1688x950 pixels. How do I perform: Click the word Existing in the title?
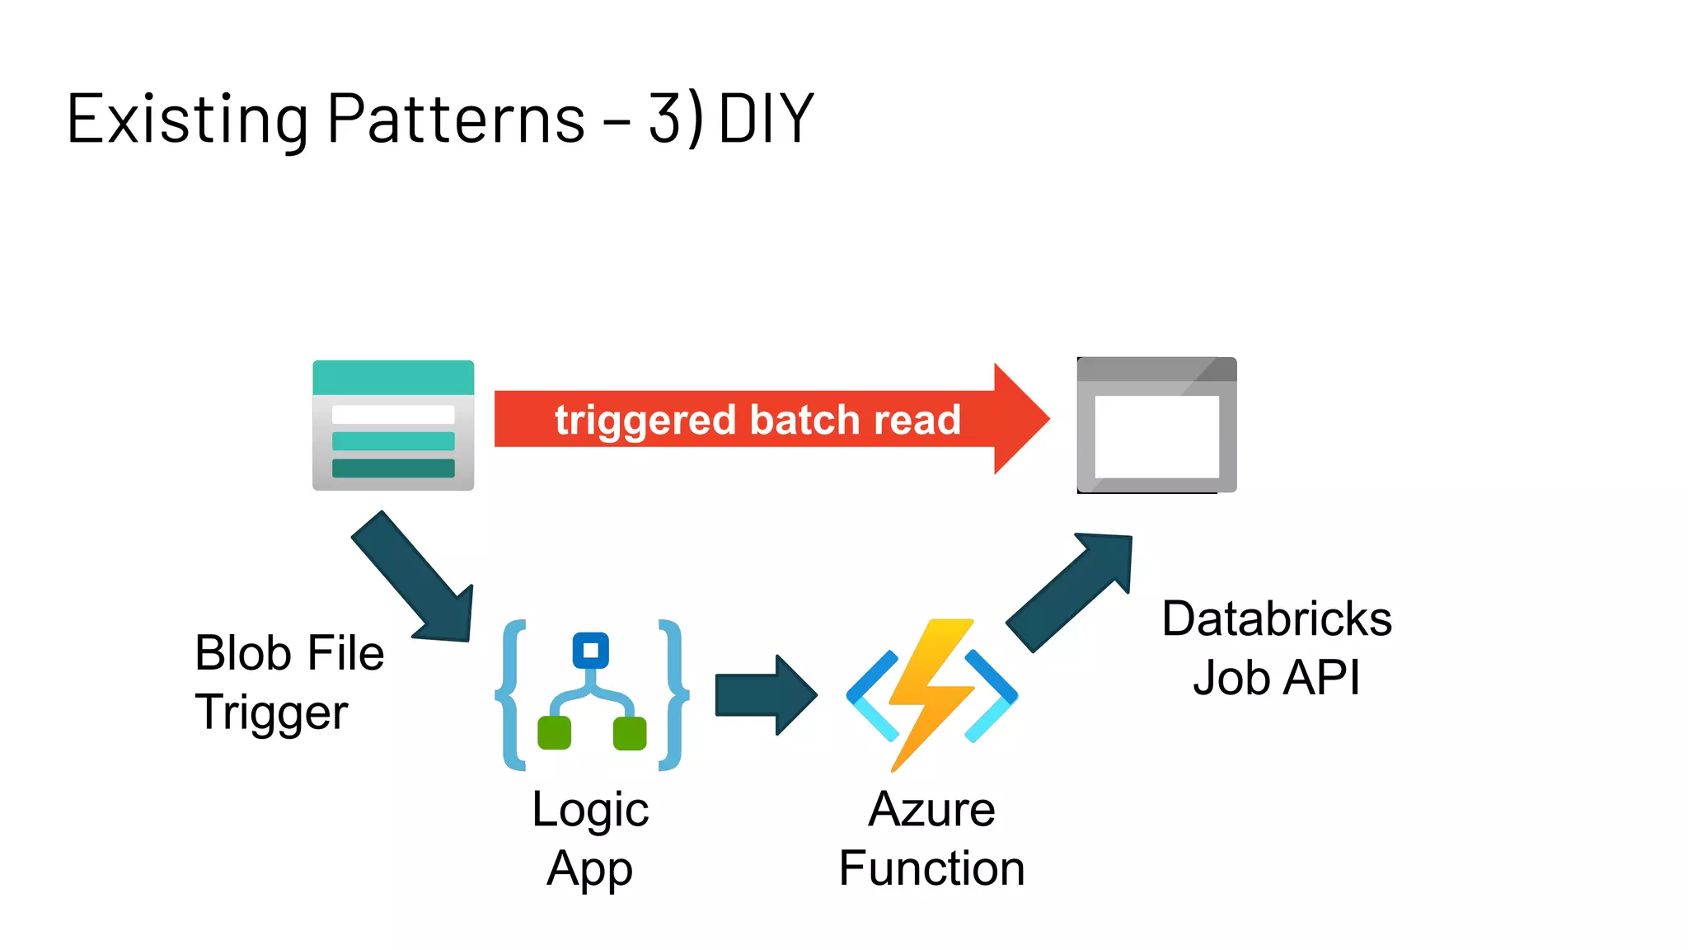coord(187,120)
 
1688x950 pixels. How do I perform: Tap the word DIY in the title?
coord(766,120)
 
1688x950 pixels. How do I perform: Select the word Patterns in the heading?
coord(456,120)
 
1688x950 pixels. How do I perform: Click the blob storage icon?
coord(393,426)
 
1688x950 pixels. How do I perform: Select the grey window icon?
coord(1156,426)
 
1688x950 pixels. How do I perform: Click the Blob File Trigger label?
coord(288,682)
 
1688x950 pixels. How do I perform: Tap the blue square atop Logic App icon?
coord(590,651)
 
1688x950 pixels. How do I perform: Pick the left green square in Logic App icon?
coord(554,732)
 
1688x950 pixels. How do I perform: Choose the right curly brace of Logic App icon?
coord(673,695)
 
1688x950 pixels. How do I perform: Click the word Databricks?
coord(1276,618)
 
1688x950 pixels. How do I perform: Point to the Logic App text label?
coord(590,838)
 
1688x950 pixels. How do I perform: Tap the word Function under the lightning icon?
coord(931,868)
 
